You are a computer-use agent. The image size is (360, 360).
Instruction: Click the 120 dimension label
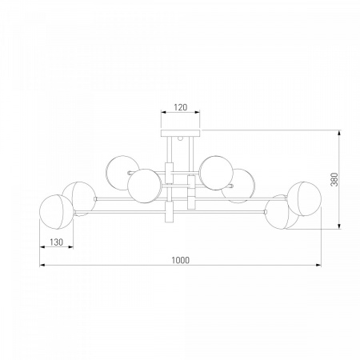[181, 107]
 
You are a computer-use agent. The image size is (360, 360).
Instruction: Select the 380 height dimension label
[334, 179]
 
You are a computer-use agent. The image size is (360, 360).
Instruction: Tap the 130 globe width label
[57, 242]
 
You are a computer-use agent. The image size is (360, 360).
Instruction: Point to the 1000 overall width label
[180, 260]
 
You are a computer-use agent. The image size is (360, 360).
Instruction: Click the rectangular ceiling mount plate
[181, 133]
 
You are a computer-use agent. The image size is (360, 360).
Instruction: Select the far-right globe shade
[304, 199]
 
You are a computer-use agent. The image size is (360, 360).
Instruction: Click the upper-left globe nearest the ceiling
[122, 173]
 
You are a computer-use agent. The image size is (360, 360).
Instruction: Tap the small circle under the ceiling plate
[181, 138]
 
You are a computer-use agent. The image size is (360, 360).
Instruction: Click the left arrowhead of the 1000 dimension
[42, 265]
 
